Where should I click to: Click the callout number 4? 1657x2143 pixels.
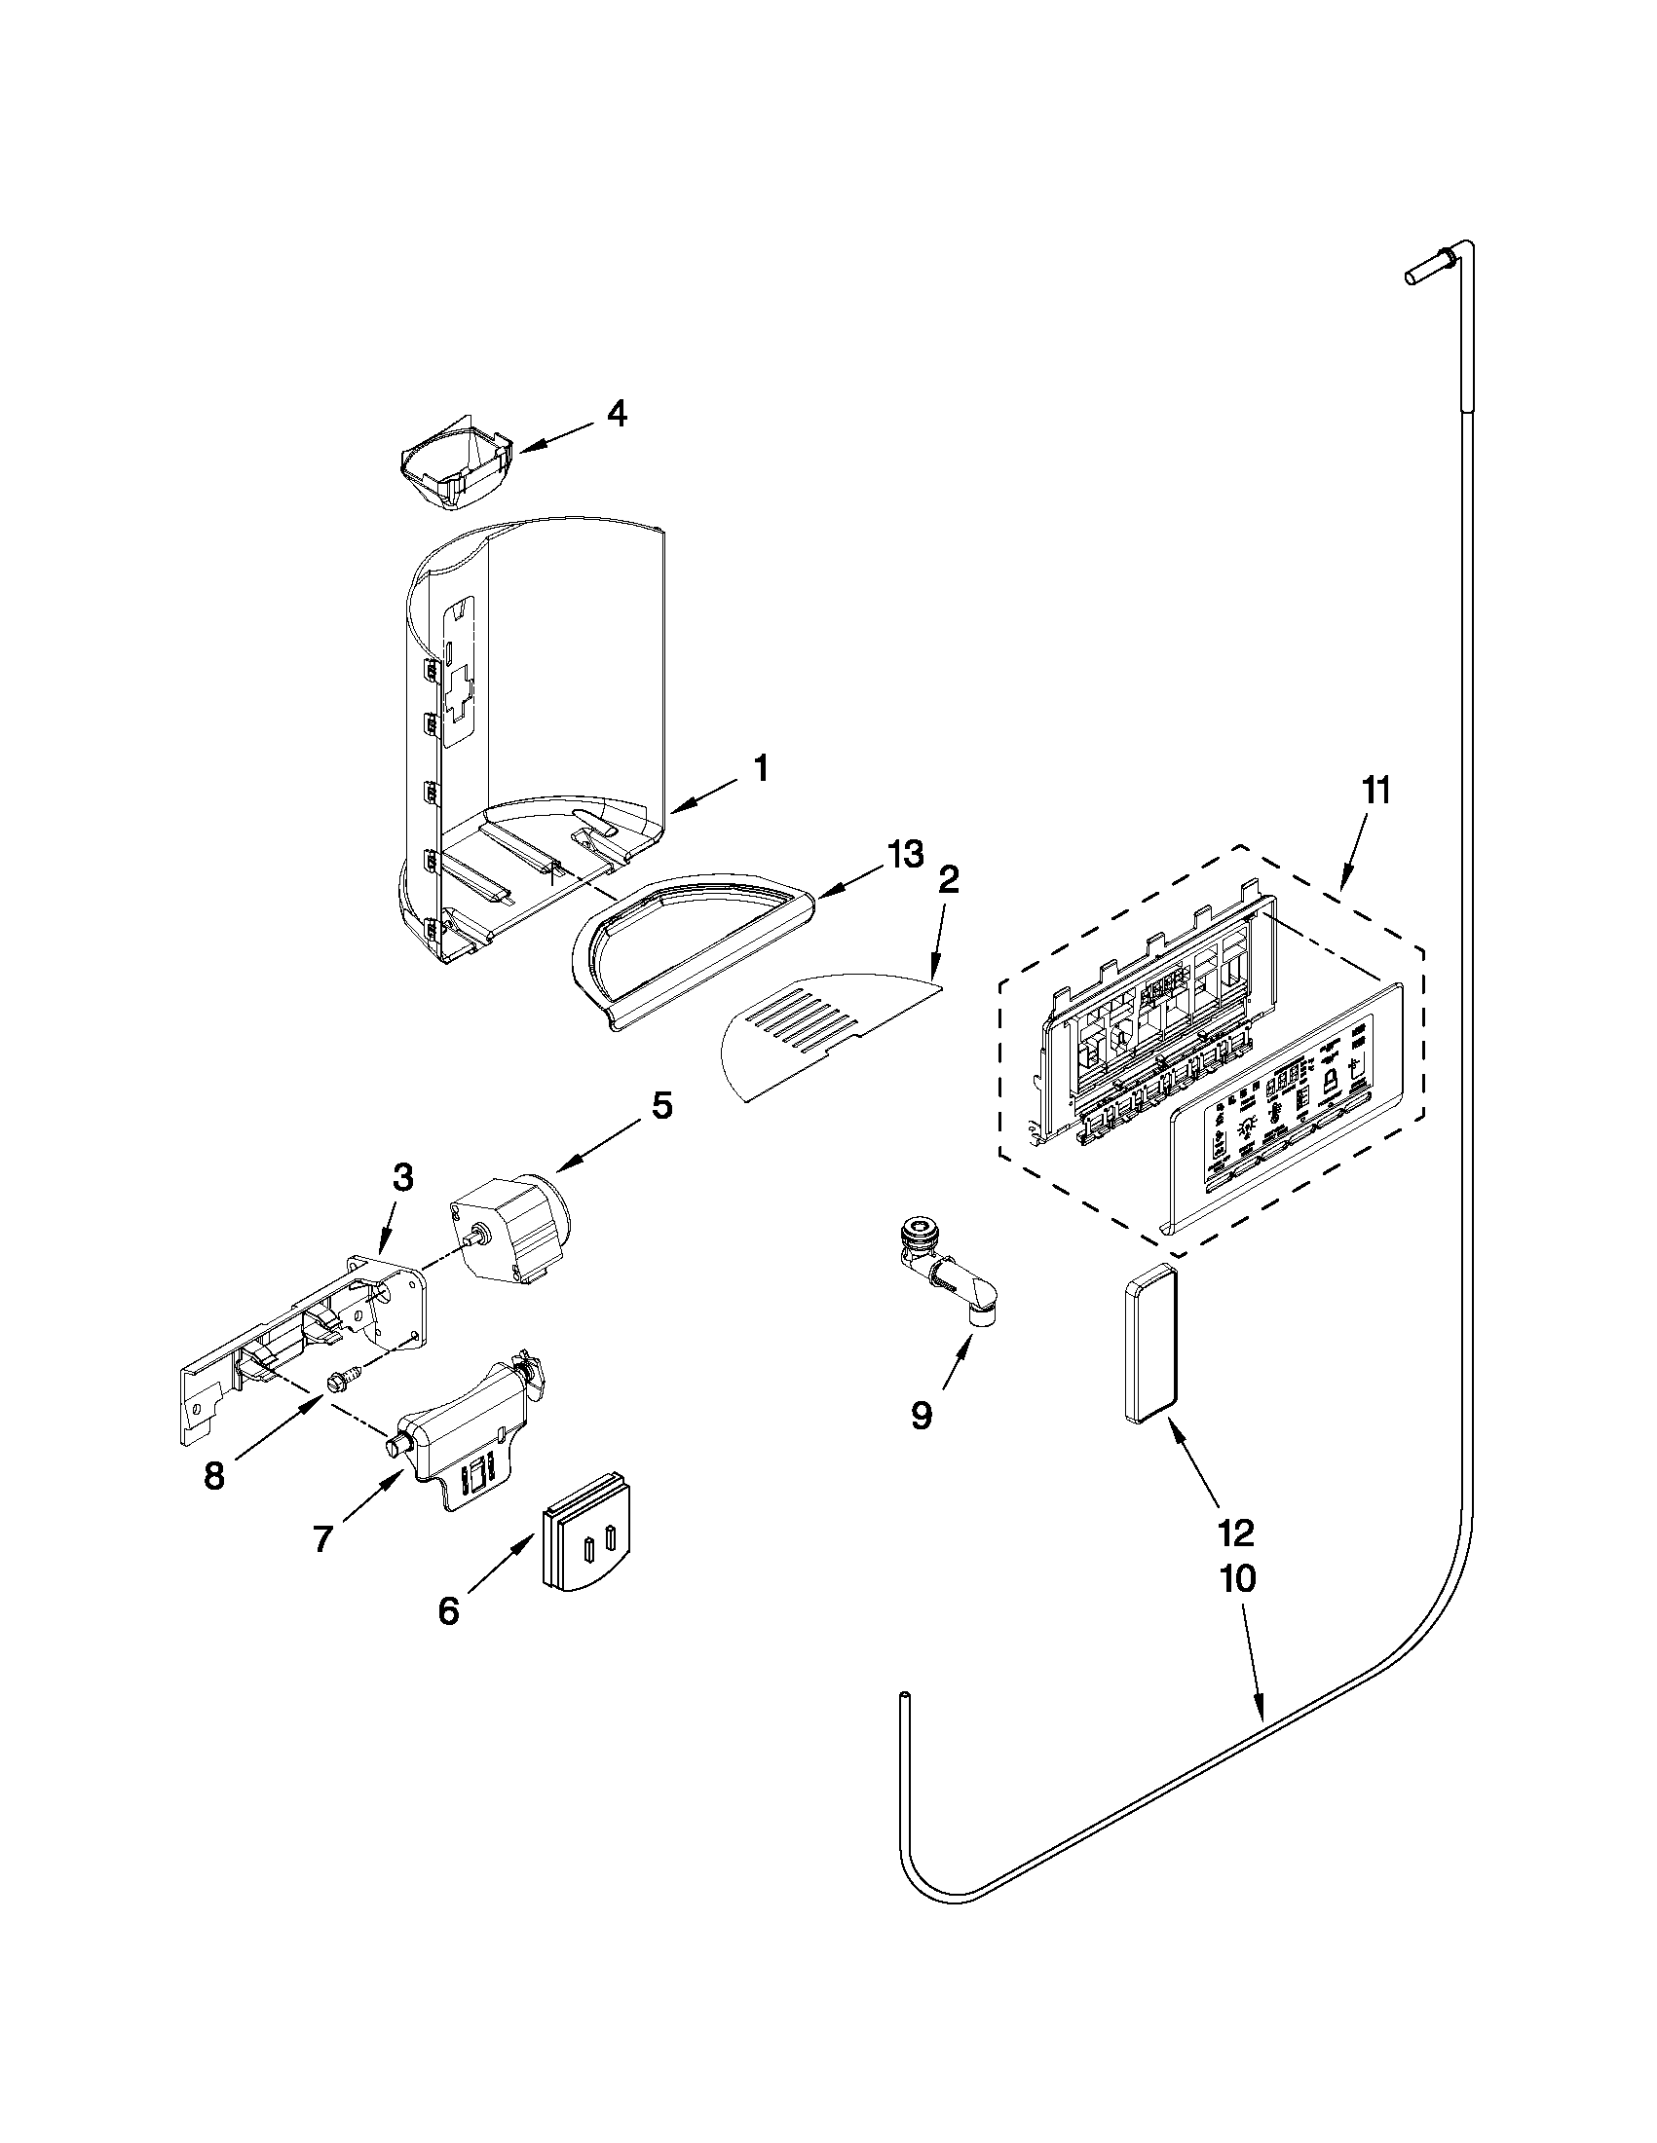(x=615, y=414)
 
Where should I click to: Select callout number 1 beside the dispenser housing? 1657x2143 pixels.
(x=760, y=768)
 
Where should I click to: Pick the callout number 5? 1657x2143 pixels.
(x=662, y=1106)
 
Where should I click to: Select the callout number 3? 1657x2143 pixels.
(x=403, y=1176)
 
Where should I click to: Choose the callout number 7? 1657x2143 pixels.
(x=324, y=1538)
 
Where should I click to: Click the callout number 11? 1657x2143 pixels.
(x=1376, y=790)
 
